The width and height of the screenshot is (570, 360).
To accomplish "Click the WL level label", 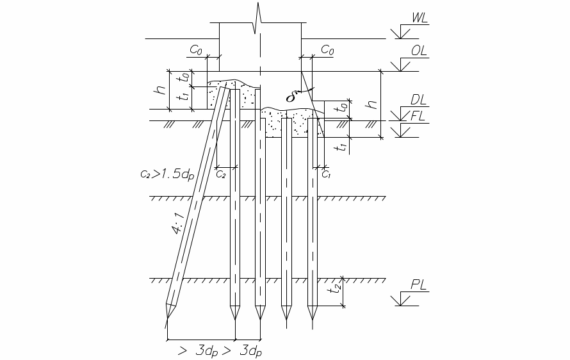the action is pyautogui.click(x=419, y=18).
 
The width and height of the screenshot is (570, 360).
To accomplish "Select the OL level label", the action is pyautogui.click(x=419, y=51).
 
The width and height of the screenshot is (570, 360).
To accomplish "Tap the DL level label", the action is pyautogui.click(x=418, y=100).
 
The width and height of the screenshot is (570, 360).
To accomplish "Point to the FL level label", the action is pyautogui.click(x=418, y=117).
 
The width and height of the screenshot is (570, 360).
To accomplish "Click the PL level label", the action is pyautogui.click(x=418, y=284).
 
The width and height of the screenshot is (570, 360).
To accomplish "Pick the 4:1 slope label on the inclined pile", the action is pyautogui.click(x=178, y=224).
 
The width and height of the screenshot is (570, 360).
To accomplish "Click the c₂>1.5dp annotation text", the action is pyautogui.click(x=167, y=174).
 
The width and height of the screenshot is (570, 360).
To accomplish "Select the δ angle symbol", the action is pyautogui.click(x=290, y=97).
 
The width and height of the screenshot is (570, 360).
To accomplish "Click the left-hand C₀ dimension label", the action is pyautogui.click(x=196, y=50).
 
